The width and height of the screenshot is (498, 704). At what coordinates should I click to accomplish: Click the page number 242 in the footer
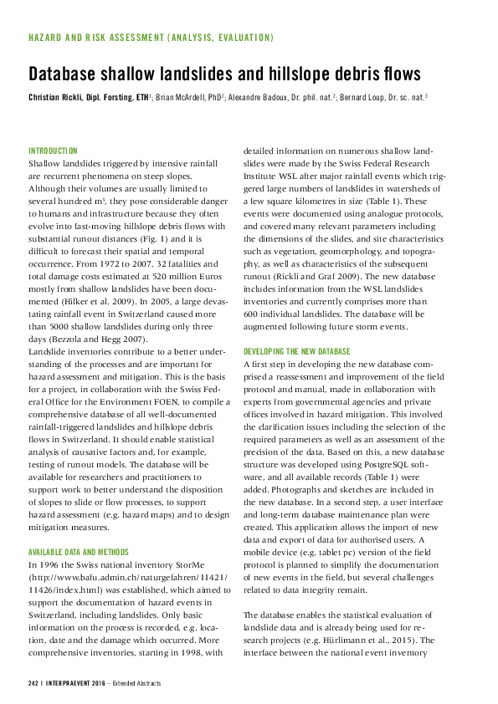pos(34,683)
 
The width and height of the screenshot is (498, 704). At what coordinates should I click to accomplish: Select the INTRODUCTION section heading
pos(53,150)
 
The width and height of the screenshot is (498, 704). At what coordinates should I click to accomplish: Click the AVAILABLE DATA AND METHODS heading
pos(80,553)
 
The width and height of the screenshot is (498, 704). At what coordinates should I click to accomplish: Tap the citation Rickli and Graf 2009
pos(311,260)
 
